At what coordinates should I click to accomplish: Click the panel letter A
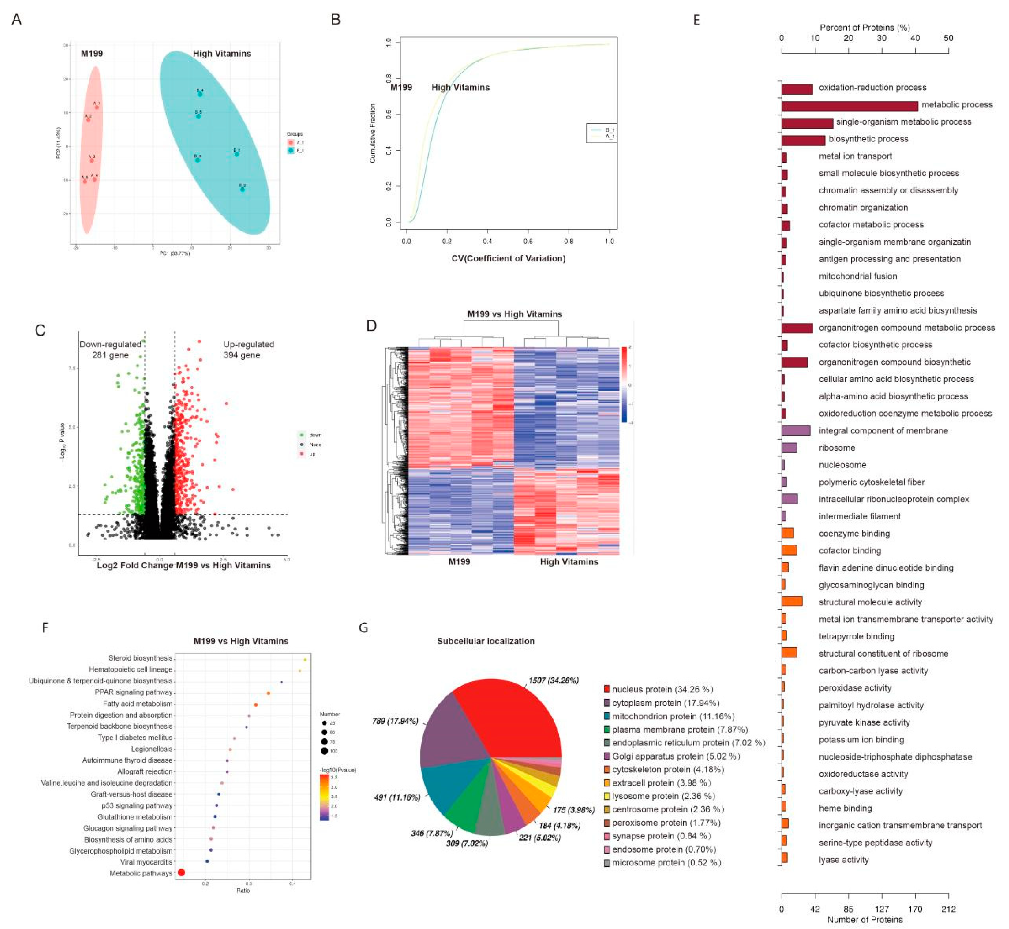[x=16, y=20]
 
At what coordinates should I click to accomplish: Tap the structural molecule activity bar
[x=792, y=602]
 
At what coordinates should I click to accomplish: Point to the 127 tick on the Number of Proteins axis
[x=882, y=908]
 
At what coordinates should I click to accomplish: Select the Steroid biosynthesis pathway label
[x=140, y=658]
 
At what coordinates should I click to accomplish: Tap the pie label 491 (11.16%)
[x=397, y=797]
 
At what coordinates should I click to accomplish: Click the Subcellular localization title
[x=485, y=641]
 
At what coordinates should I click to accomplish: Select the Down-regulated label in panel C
[x=110, y=344]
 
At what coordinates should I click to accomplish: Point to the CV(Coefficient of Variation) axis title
[x=508, y=258]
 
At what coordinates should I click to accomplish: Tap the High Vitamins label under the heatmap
[x=569, y=561]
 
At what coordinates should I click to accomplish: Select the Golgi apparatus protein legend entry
[x=676, y=756]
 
